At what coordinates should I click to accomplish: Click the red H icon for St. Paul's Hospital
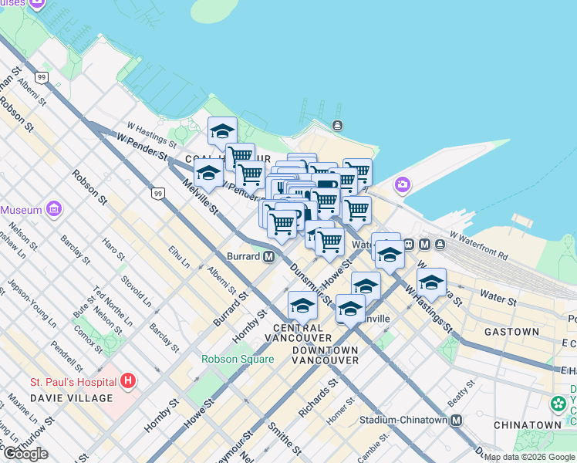(x=128, y=381)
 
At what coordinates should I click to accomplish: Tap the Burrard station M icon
(x=269, y=256)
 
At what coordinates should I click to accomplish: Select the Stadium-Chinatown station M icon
(x=457, y=421)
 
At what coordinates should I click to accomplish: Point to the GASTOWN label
(x=511, y=332)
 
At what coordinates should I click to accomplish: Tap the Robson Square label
(x=238, y=359)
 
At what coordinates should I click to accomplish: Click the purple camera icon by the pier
(x=402, y=184)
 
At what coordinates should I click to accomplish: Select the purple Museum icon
(x=53, y=209)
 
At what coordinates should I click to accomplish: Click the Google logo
(x=25, y=454)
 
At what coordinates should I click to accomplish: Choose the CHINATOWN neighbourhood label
(x=528, y=424)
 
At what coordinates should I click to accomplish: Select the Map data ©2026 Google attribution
(x=530, y=457)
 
